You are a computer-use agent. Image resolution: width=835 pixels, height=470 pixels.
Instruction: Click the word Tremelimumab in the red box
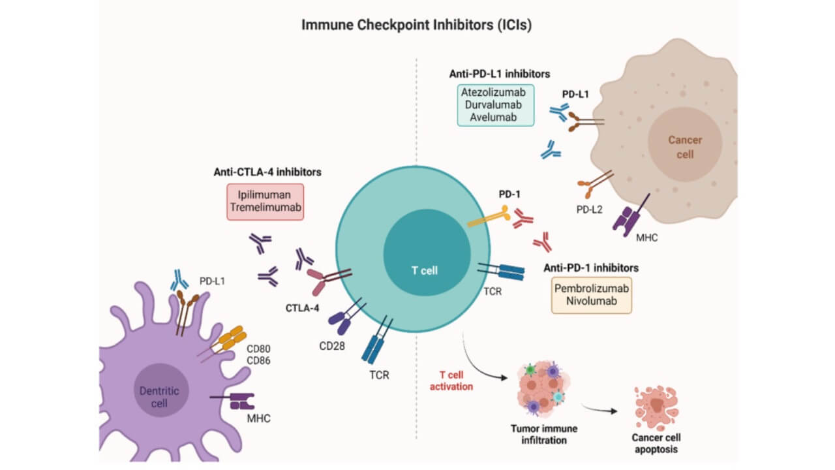tap(265, 207)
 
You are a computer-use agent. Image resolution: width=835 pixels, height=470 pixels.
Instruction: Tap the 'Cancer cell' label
tap(684, 147)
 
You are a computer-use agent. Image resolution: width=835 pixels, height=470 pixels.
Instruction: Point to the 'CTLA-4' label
tap(303, 308)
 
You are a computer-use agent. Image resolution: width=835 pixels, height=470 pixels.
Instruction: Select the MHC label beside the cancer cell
tap(645, 238)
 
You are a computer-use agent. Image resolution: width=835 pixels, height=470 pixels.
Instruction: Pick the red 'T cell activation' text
tap(456, 380)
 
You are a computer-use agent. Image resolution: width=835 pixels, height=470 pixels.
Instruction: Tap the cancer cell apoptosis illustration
tap(656, 407)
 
